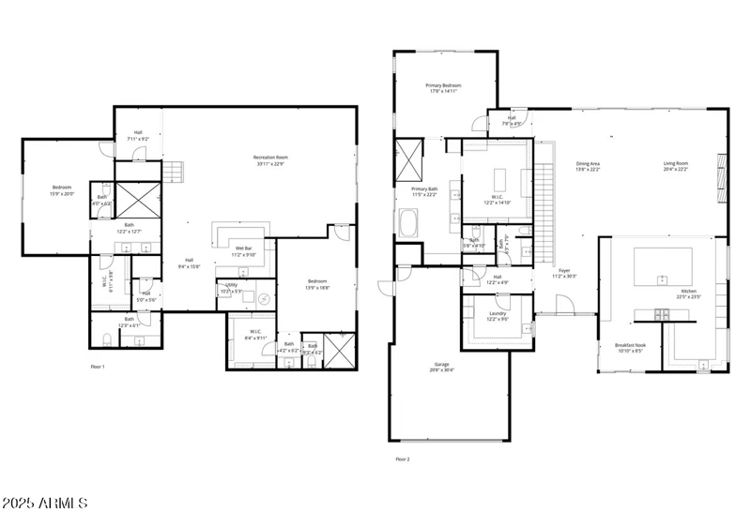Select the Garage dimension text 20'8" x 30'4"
[442, 369]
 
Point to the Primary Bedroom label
[444, 85]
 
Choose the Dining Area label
[588, 163]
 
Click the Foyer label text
[564, 270]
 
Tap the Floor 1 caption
[98, 367]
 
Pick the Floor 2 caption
[403, 459]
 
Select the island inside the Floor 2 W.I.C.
[498, 178]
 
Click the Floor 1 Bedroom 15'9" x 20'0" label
[60, 189]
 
